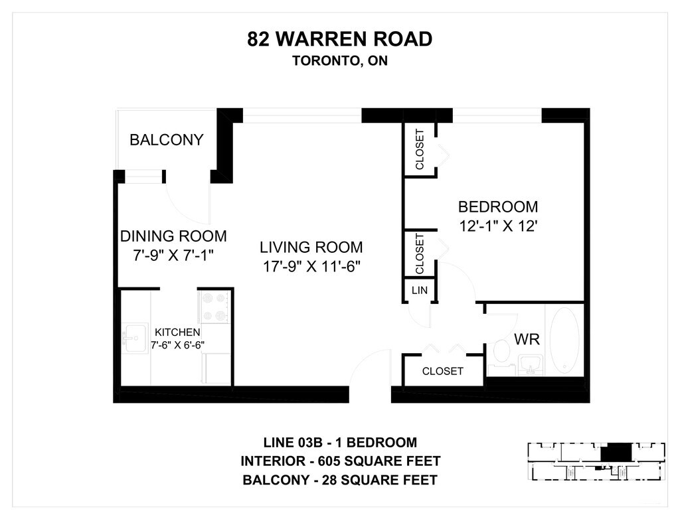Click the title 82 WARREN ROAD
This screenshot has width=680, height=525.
tap(339, 38)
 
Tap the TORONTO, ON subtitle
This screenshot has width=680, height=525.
tap(339, 60)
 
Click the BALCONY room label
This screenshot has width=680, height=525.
tap(167, 139)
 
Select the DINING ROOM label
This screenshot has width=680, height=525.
tap(173, 236)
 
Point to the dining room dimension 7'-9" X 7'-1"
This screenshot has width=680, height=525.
tap(173, 255)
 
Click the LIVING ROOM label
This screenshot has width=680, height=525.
tap(311, 247)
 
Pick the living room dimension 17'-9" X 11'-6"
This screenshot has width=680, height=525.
tap(312, 266)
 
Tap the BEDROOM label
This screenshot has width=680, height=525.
tap(498, 207)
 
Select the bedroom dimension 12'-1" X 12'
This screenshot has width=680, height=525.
tap(498, 226)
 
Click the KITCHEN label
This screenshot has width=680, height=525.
tap(177, 332)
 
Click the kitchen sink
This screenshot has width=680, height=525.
tap(134, 338)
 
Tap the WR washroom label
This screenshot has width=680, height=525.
tap(527, 339)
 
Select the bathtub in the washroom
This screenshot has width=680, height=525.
tap(564, 340)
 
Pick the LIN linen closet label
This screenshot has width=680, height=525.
tap(420, 290)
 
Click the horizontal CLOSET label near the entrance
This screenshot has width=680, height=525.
tap(443, 371)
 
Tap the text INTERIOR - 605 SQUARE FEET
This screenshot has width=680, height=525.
tap(341, 461)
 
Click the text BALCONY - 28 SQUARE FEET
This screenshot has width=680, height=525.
tap(340, 480)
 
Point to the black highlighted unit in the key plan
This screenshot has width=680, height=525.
tap(615, 453)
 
